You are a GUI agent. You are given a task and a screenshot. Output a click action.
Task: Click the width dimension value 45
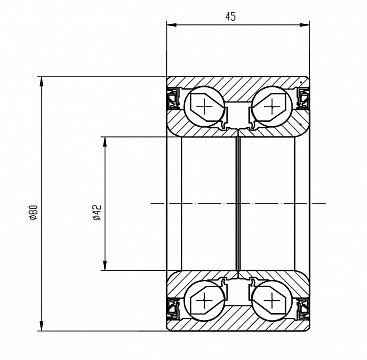(x=230, y=16)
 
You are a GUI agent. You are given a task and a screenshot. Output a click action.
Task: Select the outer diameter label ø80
(x=34, y=213)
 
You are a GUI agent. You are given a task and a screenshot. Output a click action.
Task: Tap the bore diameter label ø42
(x=97, y=212)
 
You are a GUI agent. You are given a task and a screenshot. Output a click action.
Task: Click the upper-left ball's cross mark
(x=204, y=107)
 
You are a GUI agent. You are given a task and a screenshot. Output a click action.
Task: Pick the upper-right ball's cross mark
(x=272, y=107)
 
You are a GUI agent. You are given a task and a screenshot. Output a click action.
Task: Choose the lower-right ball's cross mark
(x=272, y=300)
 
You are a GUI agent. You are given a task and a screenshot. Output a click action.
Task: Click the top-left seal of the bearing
(x=173, y=99)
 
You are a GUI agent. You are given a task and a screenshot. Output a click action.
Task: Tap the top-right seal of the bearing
(x=303, y=99)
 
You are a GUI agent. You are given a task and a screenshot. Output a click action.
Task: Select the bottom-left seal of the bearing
(x=173, y=309)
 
